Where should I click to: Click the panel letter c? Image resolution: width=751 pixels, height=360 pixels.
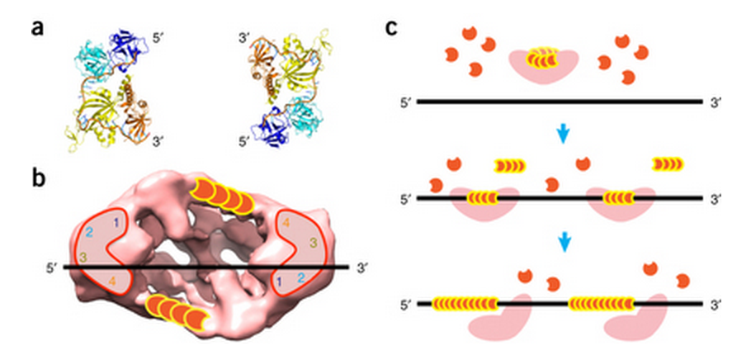393,27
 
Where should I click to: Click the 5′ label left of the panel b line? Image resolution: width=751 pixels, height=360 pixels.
54,267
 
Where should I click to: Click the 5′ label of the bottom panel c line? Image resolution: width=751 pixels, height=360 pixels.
404,304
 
